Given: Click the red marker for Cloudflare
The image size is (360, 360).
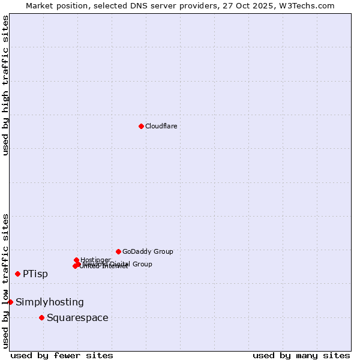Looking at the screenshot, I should point(141,126).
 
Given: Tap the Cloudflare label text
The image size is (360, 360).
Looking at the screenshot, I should point(161,126).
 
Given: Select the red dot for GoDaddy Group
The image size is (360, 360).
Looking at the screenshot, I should point(118,251).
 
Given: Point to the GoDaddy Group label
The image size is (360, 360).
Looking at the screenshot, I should point(148,251).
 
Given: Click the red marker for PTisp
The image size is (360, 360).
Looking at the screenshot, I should point(17,274).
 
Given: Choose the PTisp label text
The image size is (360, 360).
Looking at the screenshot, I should point(35,274).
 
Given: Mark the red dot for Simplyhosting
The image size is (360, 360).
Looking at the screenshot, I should point(10,302).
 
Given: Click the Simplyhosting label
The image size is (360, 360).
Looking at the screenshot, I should point(50,302).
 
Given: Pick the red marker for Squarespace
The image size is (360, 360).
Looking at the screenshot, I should point(41,317).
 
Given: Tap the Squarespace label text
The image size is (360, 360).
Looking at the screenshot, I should point(77,318).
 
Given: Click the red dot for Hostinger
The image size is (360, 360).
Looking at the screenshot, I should point(76,260).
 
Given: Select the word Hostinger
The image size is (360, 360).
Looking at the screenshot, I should point(96,260).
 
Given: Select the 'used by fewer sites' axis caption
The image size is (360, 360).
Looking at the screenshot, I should point(62,355).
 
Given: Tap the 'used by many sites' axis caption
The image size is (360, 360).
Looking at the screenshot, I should point(301,355).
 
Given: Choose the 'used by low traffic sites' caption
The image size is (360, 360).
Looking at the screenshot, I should point(5,280).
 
